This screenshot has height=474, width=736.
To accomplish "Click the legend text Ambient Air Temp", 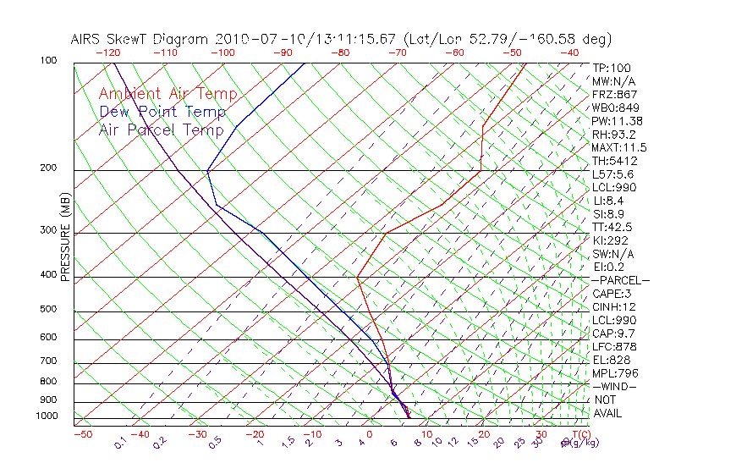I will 168,95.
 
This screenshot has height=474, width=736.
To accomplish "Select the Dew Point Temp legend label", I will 162,113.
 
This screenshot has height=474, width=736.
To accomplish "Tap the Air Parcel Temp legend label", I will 161,130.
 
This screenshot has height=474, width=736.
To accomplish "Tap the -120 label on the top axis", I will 108,52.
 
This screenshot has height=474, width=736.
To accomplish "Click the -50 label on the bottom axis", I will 82,434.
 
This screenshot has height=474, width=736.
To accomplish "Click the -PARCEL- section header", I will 620,280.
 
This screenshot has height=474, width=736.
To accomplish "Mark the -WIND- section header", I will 614,386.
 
